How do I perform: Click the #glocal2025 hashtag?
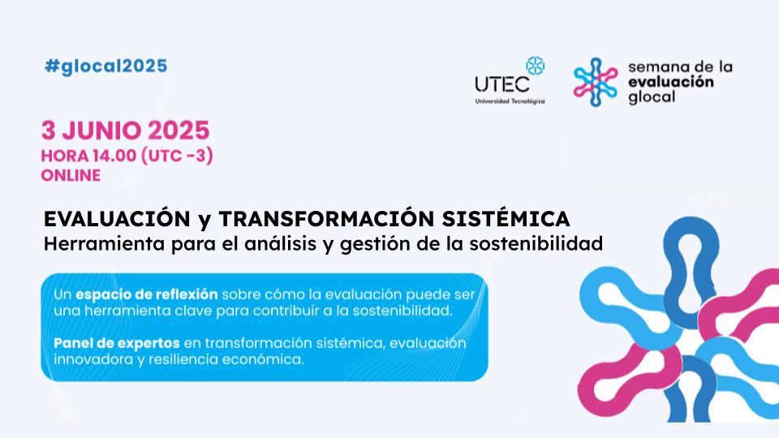105,67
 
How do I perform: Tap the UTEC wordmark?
502,84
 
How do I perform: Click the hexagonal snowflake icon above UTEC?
535,66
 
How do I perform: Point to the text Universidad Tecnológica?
510,101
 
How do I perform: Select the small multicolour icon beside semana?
595,82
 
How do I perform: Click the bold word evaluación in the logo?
671,82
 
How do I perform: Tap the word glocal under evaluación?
652,97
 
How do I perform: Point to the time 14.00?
114,156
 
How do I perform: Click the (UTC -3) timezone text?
178,156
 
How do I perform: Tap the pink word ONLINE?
71,176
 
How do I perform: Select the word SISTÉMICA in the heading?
506,218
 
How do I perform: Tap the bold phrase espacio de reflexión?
147,294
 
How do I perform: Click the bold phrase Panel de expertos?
117,343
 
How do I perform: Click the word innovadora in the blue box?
93,359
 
